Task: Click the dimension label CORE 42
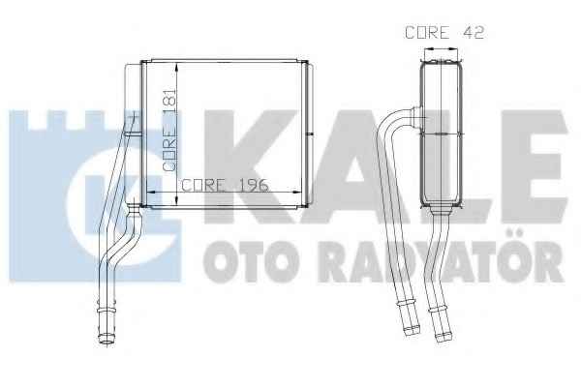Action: coord(444,33)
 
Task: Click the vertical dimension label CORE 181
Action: coord(169,130)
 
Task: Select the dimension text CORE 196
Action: coord(225,185)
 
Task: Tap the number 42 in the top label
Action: coord(474,33)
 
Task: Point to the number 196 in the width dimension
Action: coord(254,185)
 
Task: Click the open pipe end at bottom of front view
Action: coord(107,339)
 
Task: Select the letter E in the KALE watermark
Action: coord(531,166)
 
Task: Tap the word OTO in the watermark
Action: coord(251,261)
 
